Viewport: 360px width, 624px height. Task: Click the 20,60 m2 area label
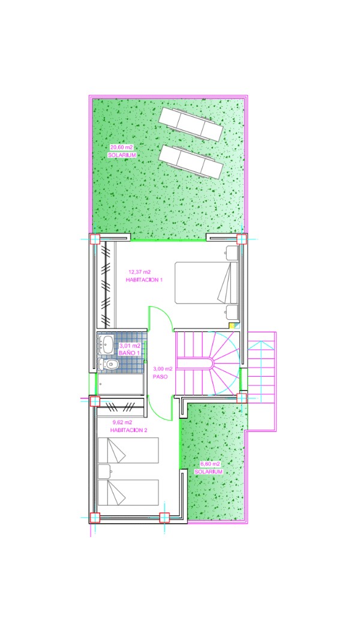121,147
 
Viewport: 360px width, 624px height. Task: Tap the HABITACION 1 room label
145,280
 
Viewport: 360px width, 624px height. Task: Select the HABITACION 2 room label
128,430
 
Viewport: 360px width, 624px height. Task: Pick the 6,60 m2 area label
210,464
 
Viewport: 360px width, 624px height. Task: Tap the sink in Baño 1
106,343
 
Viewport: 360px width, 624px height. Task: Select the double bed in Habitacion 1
206,283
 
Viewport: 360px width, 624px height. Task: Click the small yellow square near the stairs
232,325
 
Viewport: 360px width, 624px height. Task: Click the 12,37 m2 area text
139,272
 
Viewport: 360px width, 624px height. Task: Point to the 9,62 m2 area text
122,422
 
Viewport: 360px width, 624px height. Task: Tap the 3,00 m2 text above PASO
163,368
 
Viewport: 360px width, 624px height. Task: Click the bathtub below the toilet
121,385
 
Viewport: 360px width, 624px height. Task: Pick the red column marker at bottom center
164,517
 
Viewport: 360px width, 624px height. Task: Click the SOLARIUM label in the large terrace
122,155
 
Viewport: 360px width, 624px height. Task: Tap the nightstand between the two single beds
104,472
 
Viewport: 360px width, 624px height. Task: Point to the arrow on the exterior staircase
260,366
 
